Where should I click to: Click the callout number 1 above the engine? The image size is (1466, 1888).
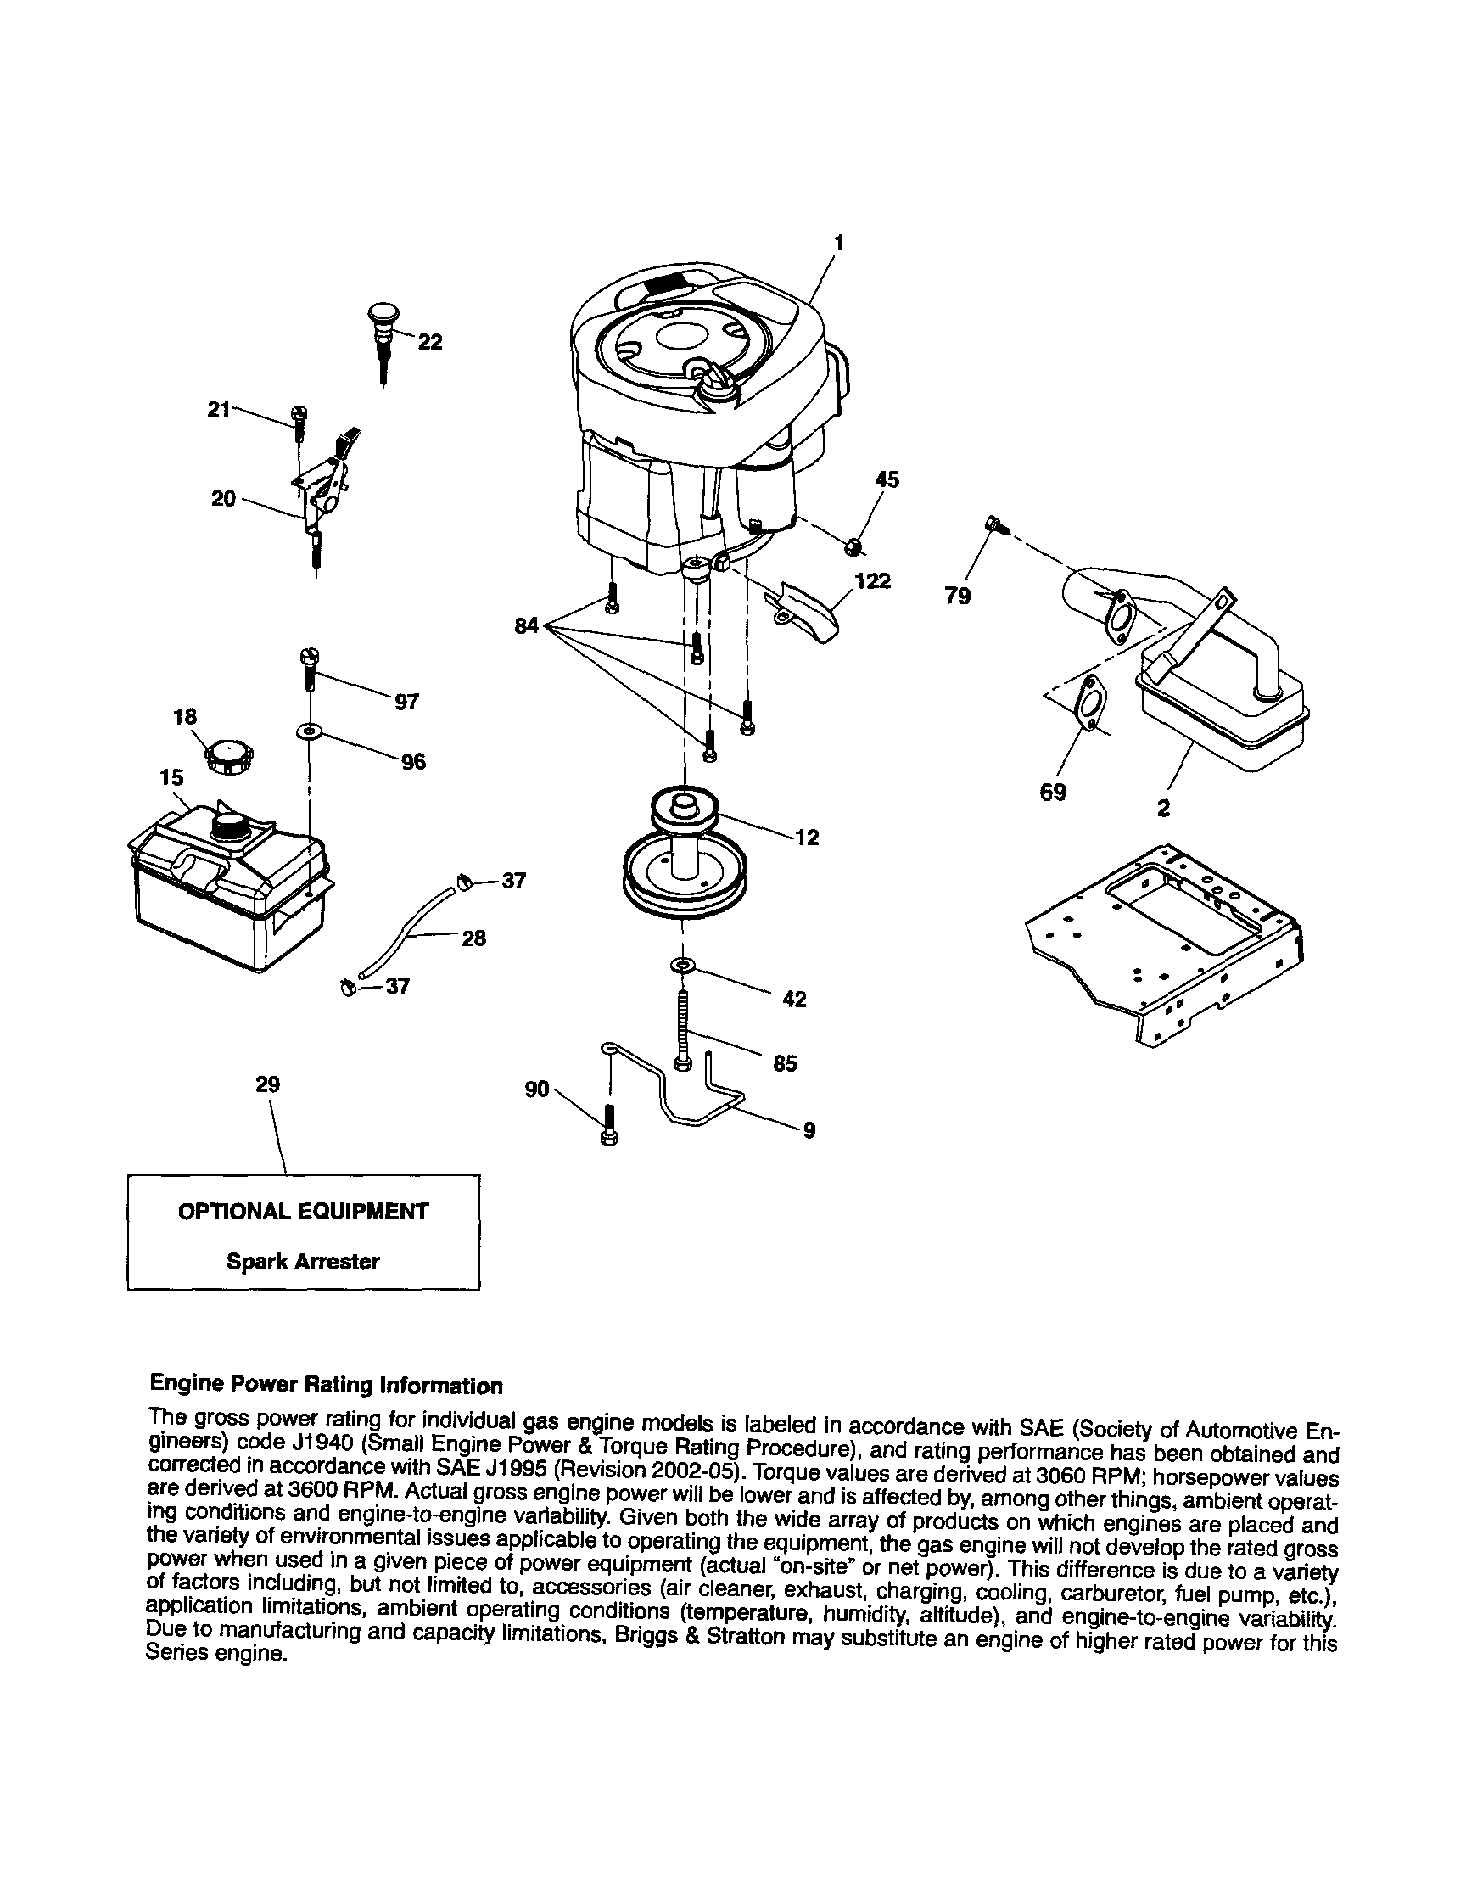tap(837, 243)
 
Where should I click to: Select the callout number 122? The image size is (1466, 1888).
tap(872, 581)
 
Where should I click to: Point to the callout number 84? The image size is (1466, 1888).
tap(525, 625)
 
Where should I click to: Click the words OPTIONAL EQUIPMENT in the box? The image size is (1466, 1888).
tap(303, 1211)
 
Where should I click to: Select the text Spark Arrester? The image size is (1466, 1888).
tap(303, 1261)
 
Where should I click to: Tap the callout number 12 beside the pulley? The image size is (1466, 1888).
tap(807, 837)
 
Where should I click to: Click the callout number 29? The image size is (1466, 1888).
tap(268, 1084)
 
